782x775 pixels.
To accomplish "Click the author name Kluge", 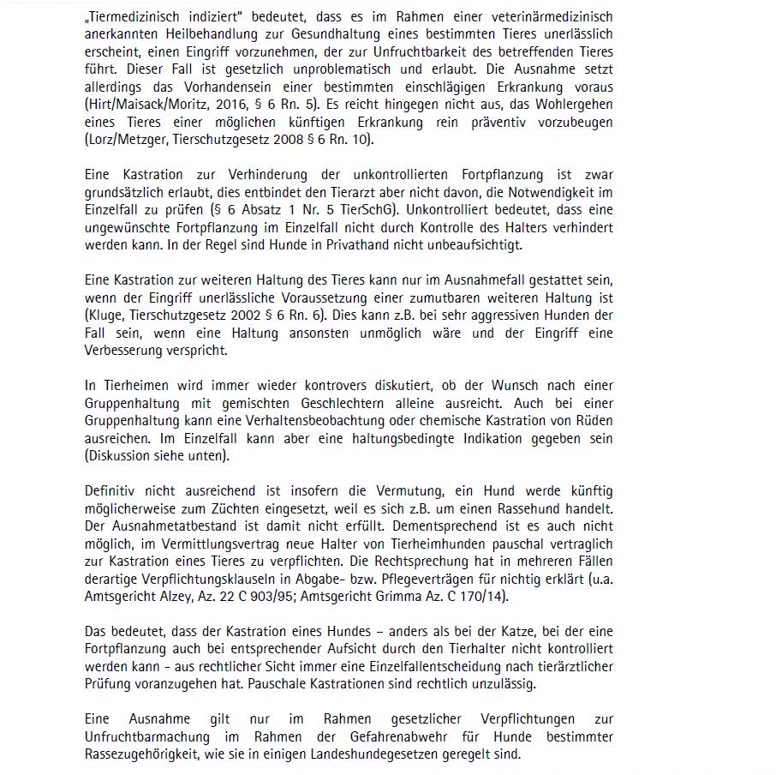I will pos(105,315).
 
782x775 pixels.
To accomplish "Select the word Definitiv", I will pos(109,490).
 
